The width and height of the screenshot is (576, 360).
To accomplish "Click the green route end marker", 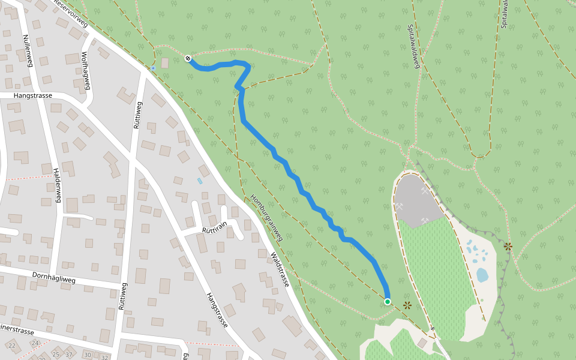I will pyautogui.click(x=388, y=302).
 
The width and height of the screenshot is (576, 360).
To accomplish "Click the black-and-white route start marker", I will pyautogui.click(x=188, y=58).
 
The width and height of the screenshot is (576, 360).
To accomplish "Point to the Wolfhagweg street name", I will pyautogui.click(x=86, y=70).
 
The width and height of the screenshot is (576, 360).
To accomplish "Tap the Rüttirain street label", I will pyautogui.click(x=215, y=226).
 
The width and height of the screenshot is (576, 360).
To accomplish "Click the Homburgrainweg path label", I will pyautogui.click(x=266, y=218).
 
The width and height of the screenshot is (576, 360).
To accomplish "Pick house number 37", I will pyautogui.click(x=69, y=354).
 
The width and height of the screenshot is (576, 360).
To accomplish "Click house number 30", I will pyautogui.click(x=88, y=355).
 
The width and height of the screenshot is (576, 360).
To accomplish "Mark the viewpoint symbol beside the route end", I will pyautogui.click(x=408, y=305).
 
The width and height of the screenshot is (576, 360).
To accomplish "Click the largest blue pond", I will pyautogui.click(x=482, y=275).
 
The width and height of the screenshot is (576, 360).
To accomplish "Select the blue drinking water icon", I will pyautogui.click(x=153, y=68).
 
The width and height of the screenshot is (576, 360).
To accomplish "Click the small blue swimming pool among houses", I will pyautogui.click(x=200, y=181).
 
